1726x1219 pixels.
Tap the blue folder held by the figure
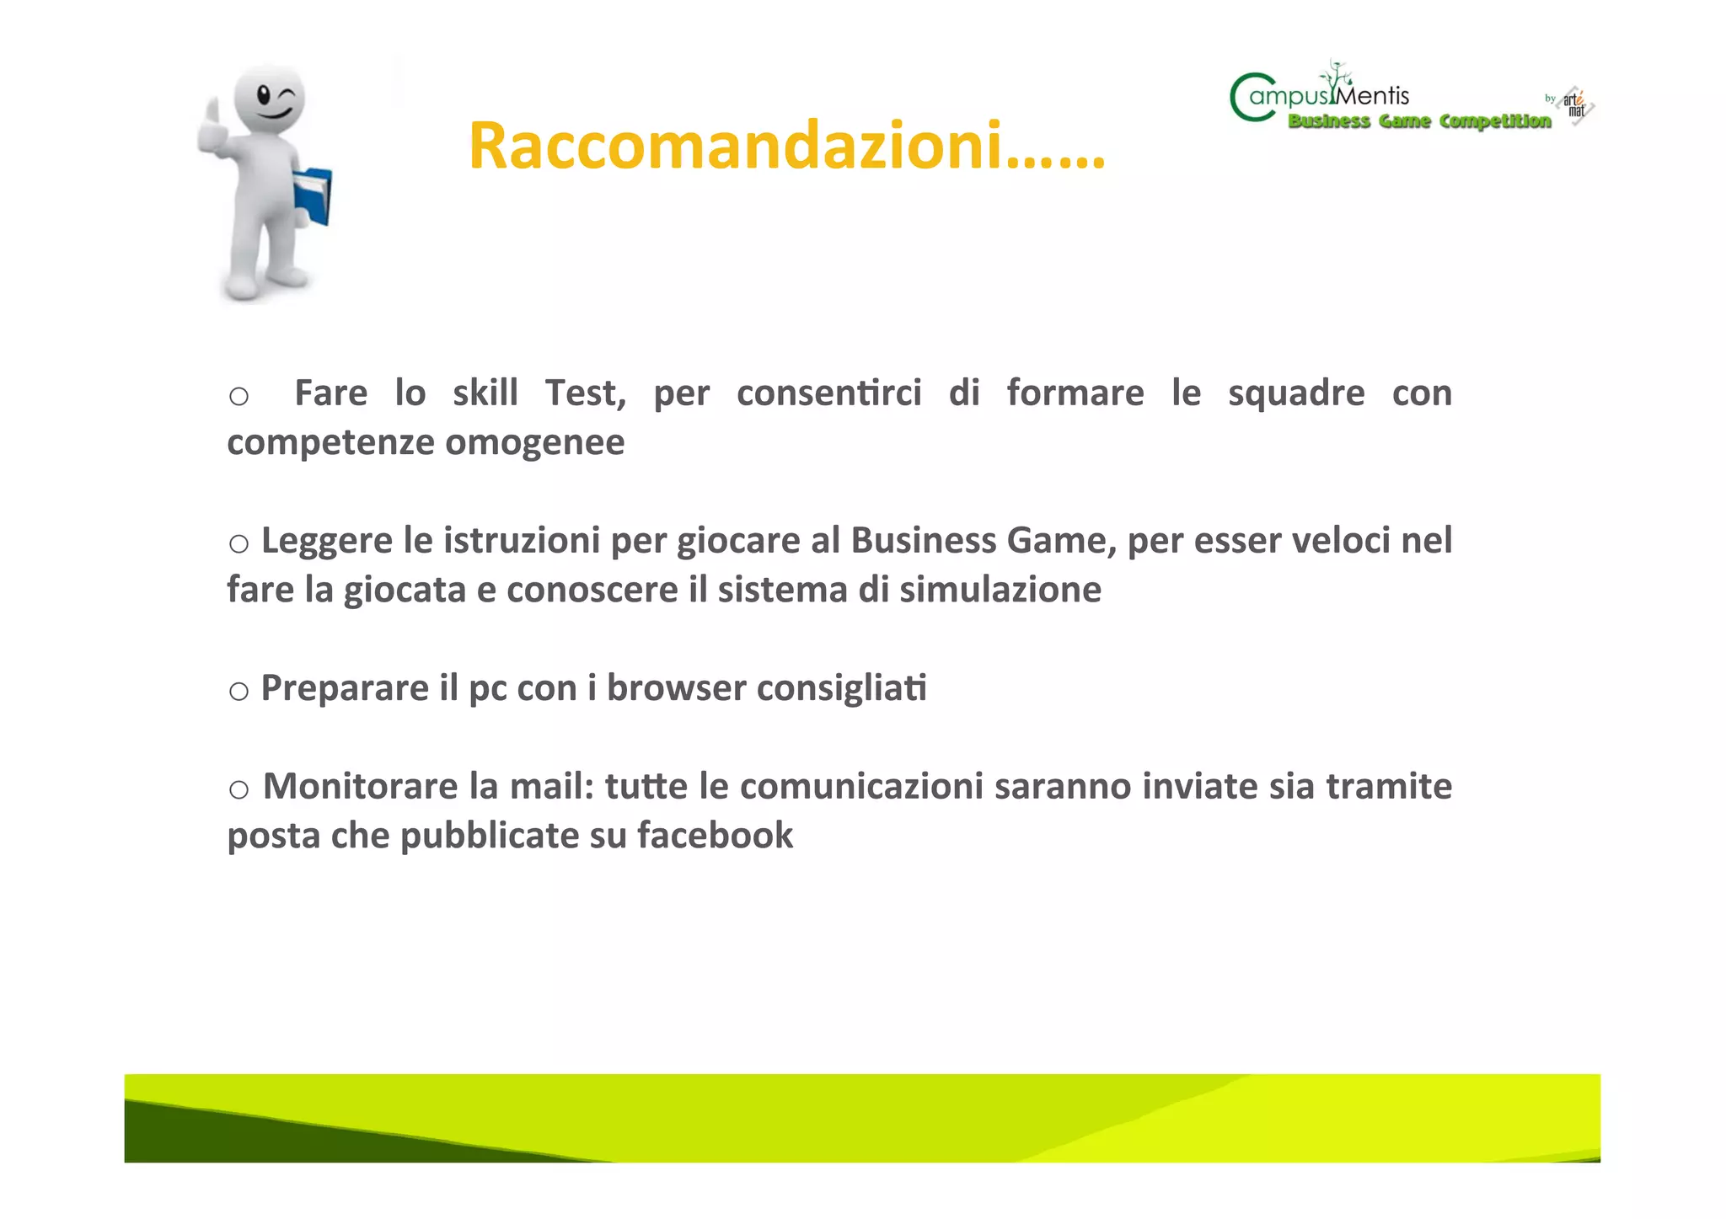click(314, 196)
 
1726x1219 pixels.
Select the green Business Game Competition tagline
click(1419, 121)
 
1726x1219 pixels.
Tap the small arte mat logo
click(1575, 106)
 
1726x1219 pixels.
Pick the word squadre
click(1295, 393)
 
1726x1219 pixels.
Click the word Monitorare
click(361, 787)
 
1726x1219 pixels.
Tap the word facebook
click(715, 836)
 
